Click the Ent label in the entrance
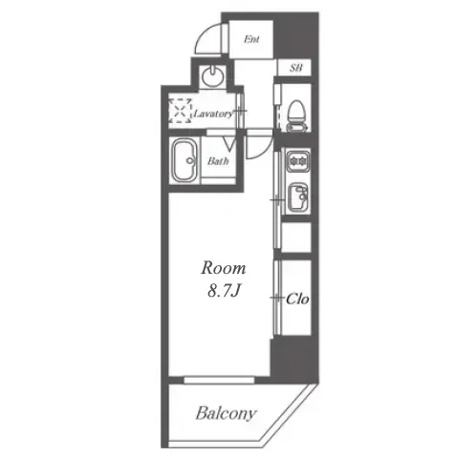[251, 39]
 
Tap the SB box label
[295, 68]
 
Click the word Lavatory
[213, 114]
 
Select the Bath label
[218, 161]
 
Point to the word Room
[224, 268]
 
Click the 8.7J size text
[224, 291]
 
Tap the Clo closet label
[297, 299]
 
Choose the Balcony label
[226, 413]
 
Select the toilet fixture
[297, 115]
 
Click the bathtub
[184, 160]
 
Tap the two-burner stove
[298, 161]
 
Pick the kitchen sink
[298, 197]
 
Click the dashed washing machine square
[181, 111]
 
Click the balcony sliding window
[219, 380]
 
